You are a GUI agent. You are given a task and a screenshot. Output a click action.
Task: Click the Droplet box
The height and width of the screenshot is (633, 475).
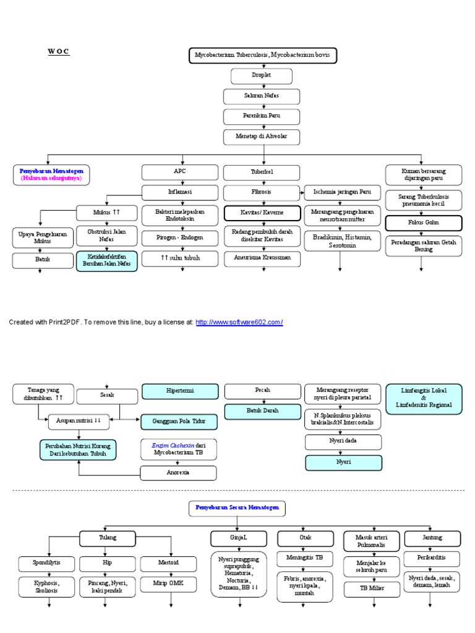pyautogui.click(x=262, y=76)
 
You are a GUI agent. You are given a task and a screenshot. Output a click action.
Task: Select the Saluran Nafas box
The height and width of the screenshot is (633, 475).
pyautogui.click(x=262, y=96)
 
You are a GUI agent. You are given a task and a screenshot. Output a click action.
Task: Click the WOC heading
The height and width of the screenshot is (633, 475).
pyautogui.click(x=59, y=51)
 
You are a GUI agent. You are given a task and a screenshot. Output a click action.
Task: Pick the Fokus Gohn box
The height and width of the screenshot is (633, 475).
pyautogui.click(x=423, y=223)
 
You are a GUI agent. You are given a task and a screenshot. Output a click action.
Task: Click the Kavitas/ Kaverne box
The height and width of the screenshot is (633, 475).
pyautogui.click(x=262, y=213)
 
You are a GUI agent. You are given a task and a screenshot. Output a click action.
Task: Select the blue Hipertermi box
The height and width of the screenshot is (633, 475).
pyautogui.click(x=179, y=391)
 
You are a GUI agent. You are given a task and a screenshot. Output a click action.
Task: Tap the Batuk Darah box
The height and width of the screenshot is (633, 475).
pyautogui.click(x=262, y=410)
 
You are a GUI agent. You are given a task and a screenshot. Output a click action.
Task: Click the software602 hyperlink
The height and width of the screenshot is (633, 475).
pyautogui.click(x=239, y=322)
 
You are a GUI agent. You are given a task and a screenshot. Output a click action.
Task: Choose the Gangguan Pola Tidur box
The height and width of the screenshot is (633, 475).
pyautogui.click(x=179, y=422)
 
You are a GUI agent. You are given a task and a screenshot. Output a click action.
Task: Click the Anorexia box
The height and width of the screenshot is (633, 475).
pyautogui.click(x=179, y=473)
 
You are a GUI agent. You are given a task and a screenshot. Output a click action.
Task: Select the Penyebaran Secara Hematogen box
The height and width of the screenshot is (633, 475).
pyautogui.click(x=237, y=509)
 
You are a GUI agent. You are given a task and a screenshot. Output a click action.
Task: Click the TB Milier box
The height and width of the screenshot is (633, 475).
pyautogui.click(x=372, y=588)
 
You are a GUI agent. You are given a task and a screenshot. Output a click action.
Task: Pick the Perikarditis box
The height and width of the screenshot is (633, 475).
pyautogui.click(x=432, y=558)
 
